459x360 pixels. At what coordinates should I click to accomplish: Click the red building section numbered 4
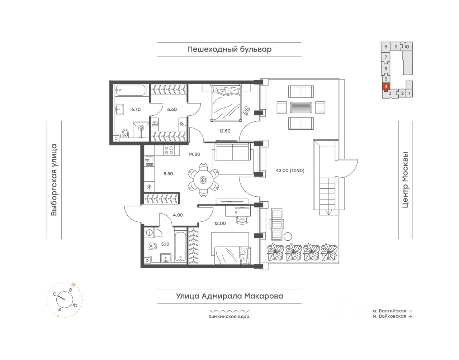386,87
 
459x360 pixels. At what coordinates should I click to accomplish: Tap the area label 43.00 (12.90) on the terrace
290,171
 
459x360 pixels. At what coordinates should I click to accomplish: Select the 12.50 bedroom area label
224,131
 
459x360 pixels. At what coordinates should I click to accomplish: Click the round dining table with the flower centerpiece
203,180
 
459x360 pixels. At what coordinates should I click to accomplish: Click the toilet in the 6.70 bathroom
126,133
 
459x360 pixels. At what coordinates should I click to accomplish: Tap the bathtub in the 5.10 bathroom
180,244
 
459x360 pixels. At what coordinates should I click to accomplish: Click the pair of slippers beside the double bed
246,110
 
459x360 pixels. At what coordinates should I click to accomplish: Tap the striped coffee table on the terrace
301,107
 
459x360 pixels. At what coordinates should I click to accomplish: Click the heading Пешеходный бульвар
229,49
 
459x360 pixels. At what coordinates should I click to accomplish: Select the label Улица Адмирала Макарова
229,296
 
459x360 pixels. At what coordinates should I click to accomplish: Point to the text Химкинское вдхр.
229,317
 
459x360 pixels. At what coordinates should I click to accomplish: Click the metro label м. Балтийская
389,311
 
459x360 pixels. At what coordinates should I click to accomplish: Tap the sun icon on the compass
74,285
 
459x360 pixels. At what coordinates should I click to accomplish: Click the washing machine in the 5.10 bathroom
150,232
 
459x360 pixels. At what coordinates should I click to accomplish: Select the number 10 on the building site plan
406,47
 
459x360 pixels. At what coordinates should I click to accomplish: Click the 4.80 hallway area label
178,215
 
